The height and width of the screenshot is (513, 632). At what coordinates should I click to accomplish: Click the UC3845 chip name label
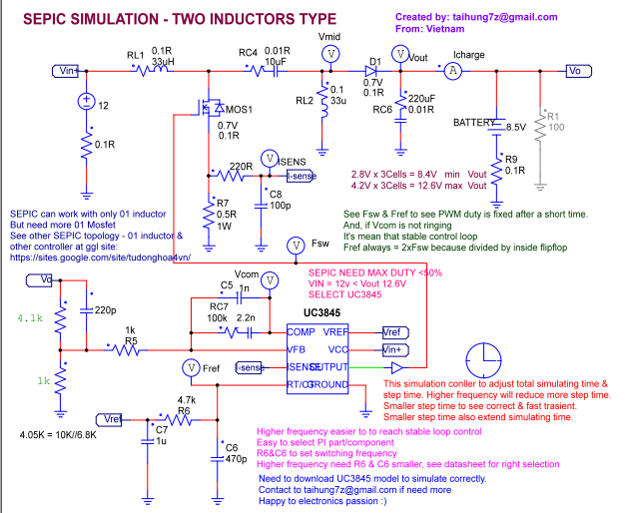(317, 314)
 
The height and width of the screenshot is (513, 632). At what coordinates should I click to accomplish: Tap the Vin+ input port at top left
(66, 70)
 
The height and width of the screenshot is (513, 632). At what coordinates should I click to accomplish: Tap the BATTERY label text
(473, 121)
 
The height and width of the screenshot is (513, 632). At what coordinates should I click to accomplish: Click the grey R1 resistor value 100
(556, 128)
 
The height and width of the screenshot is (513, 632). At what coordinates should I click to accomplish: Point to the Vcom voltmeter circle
(268, 280)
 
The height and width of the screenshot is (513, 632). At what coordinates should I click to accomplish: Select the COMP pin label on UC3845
(301, 331)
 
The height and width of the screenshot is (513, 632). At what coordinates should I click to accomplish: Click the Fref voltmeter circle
(195, 367)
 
